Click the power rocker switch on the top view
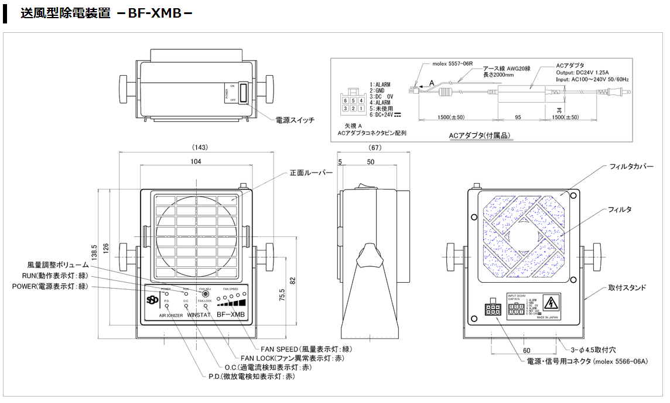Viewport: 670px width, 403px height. pyautogui.click(x=242, y=94)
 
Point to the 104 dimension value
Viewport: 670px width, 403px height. pyautogui.click(x=196, y=161)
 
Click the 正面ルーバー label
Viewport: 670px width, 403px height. pyautogui.click(x=311, y=173)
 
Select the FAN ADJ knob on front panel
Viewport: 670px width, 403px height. pyautogui.click(x=205, y=294)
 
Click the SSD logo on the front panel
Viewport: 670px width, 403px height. pyautogui.click(x=153, y=299)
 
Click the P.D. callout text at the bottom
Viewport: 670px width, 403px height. pyautogui.click(x=251, y=376)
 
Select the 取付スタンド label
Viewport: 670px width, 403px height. pyautogui.click(x=627, y=287)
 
